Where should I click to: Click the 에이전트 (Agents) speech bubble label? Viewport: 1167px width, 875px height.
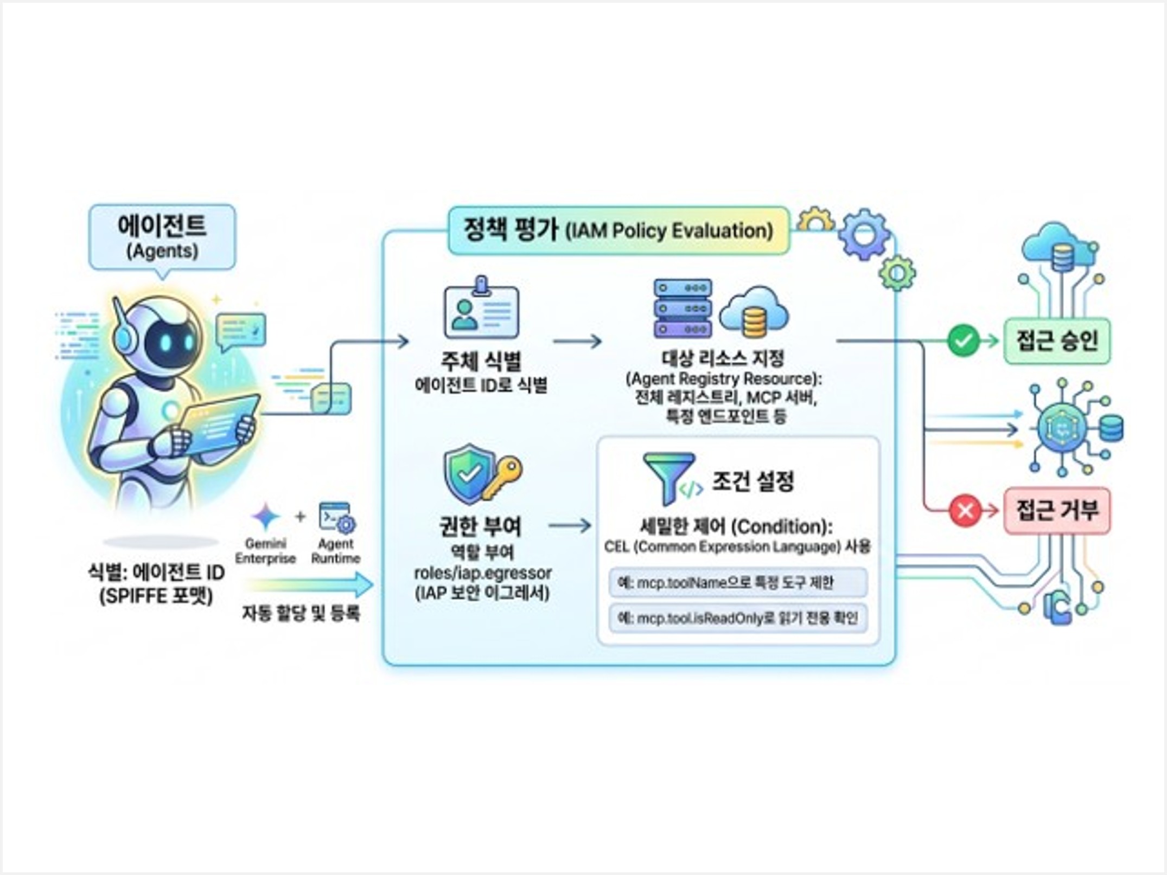(x=162, y=236)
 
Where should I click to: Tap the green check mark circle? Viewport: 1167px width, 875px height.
(x=964, y=341)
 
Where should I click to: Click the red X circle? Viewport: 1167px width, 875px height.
(x=965, y=511)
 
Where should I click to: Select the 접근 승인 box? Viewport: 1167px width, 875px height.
(x=1057, y=341)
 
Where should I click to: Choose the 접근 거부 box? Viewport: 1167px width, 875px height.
(x=1057, y=511)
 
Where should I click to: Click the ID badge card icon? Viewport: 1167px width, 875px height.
(x=481, y=310)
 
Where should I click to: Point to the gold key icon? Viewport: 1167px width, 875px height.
(x=502, y=476)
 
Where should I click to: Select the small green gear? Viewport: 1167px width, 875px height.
(x=897, y=273)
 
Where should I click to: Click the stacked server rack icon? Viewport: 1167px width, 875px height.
(x=683, y=308)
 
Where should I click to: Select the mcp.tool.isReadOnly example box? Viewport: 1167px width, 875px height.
(x=738, y=618)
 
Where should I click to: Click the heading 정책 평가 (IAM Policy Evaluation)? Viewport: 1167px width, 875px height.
(x=618, y=230)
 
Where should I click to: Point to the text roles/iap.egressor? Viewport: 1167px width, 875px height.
(x=482, y=573)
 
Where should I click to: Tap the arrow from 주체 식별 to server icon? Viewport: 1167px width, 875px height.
(x=577, y=342)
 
